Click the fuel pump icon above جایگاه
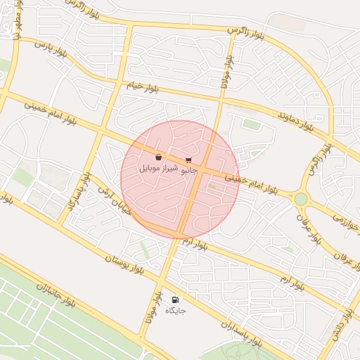174,300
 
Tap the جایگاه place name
174,310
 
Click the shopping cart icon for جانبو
188,160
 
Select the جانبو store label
189,170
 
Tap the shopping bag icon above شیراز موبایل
159,157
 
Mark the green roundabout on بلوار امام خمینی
301,199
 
